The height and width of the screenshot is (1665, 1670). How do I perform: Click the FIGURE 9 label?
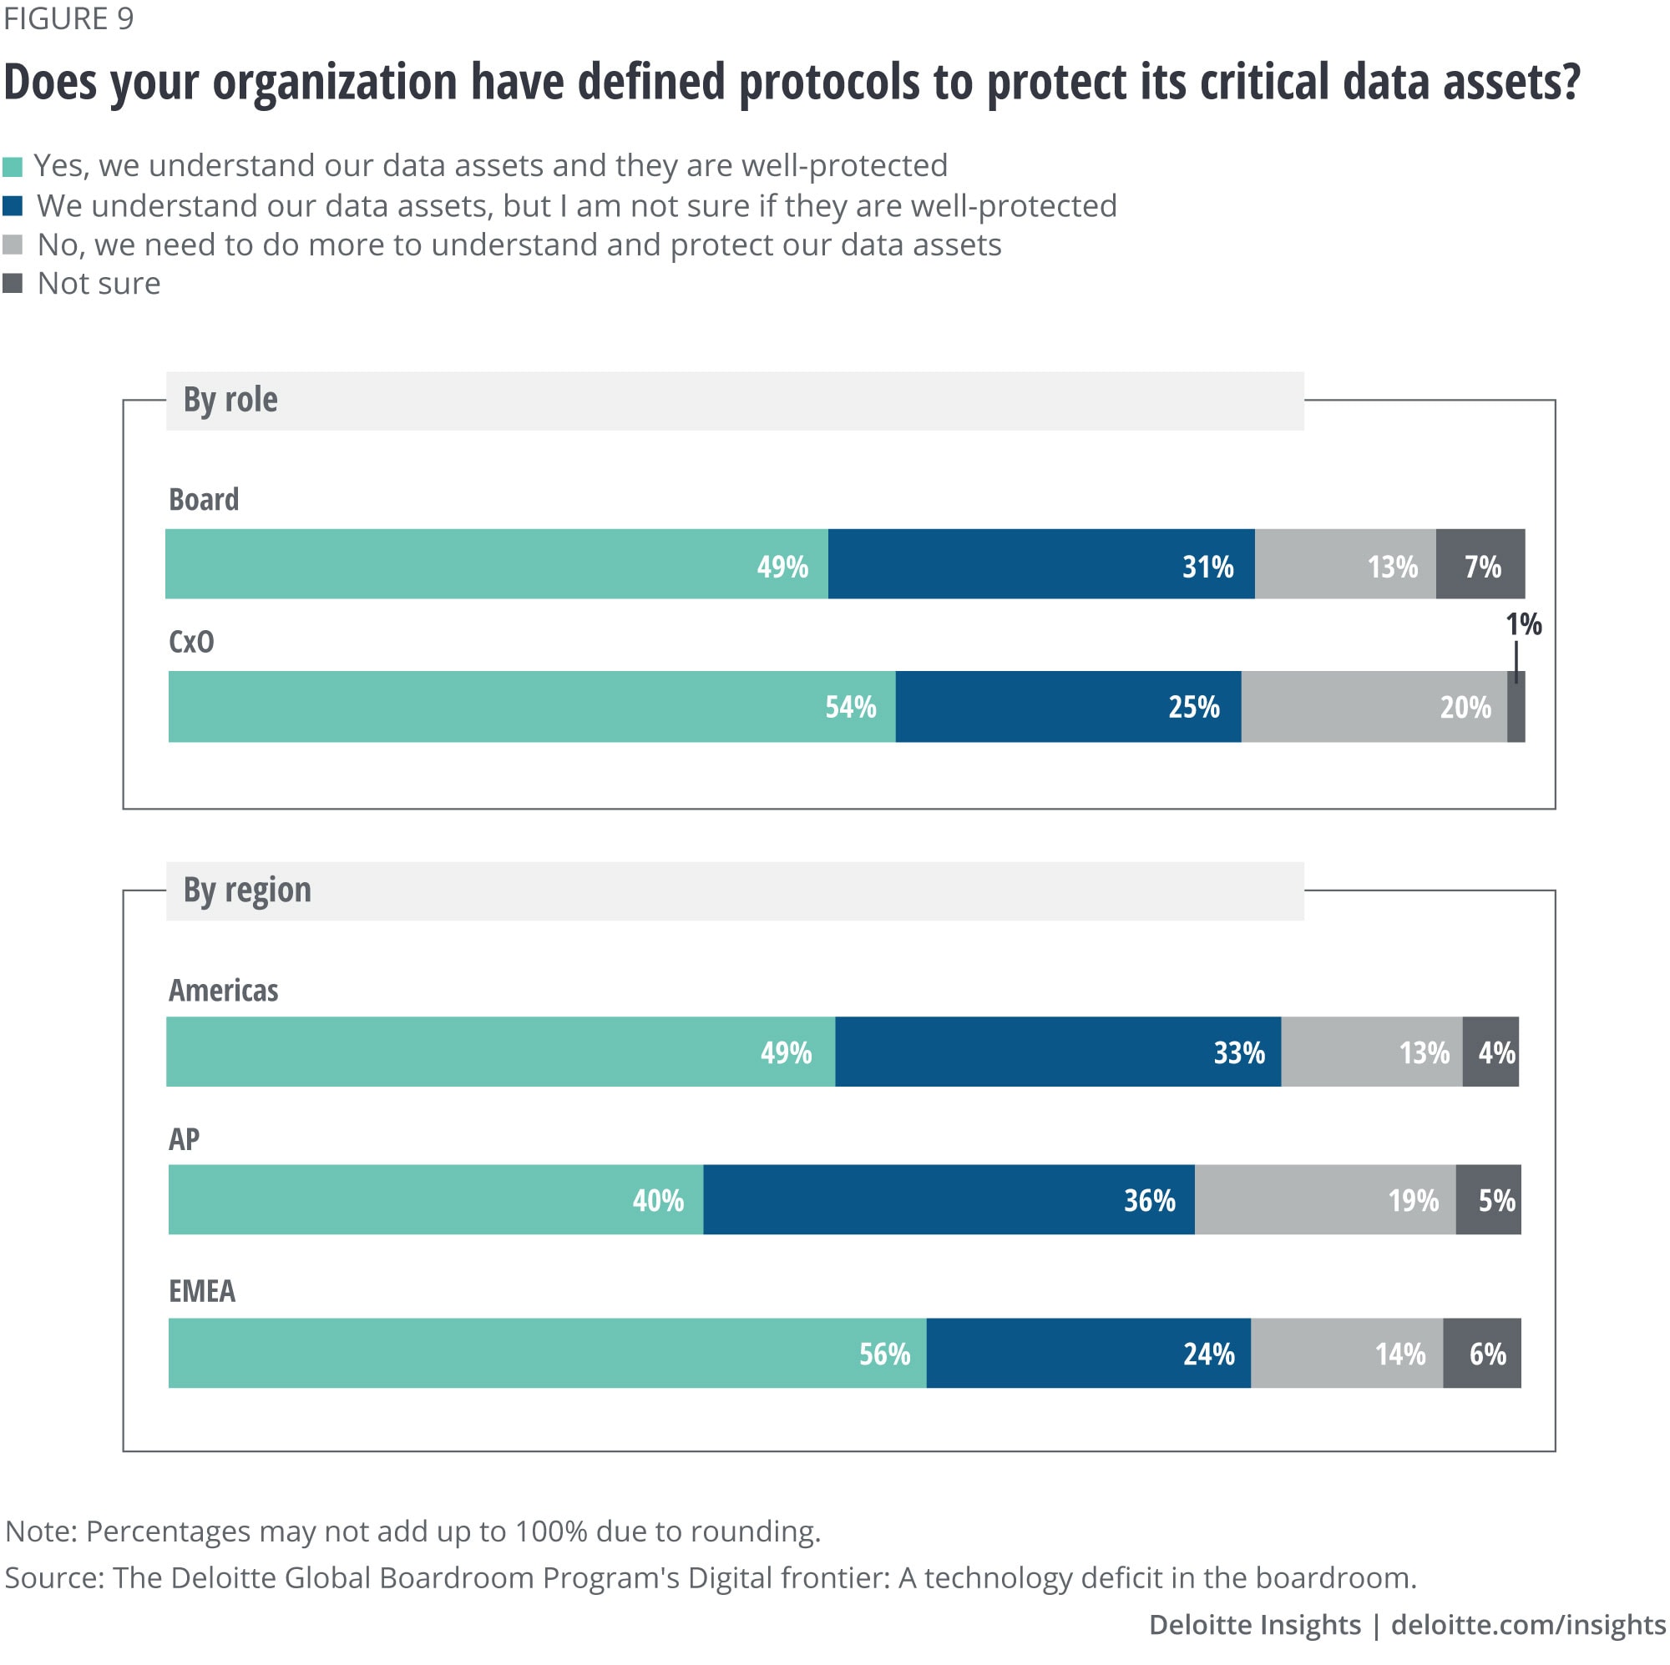(x=69, y=19)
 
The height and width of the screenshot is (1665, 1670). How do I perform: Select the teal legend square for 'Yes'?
(x=12, y=167)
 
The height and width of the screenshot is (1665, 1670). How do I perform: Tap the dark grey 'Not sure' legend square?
(x=12, y=284)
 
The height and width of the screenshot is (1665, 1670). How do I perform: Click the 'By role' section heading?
(x=230, y=400)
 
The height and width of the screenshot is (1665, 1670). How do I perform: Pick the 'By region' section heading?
(x=247, y=890)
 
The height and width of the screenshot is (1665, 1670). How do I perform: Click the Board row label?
(x=203, y=499)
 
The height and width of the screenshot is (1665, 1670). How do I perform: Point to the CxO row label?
(x=191, y=642)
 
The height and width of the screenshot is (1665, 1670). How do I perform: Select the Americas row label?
(x=223, y=990)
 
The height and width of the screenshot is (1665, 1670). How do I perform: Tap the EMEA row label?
(x=201, y=1291)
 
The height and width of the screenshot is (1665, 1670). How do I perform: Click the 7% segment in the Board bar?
(x=1480, y=565)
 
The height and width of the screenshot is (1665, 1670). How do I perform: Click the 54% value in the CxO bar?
(x=851, y=708)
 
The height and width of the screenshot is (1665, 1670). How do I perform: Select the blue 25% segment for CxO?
(x=1069, y=707)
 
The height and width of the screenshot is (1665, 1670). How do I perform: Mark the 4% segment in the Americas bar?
(x=1491, y=1052)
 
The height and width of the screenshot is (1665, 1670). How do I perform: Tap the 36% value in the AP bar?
(x=1149, y=1200)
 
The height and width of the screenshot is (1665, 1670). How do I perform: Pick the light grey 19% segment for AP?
(x=1325, y=1200)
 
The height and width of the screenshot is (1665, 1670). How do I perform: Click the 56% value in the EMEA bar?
(x=884, y=1354)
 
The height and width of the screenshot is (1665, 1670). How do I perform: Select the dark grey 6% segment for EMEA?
(x=1482, y=1354)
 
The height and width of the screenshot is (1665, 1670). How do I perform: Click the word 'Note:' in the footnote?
(x=42, y=1532)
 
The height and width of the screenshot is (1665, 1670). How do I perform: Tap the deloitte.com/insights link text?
(x=1527, y=1625)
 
